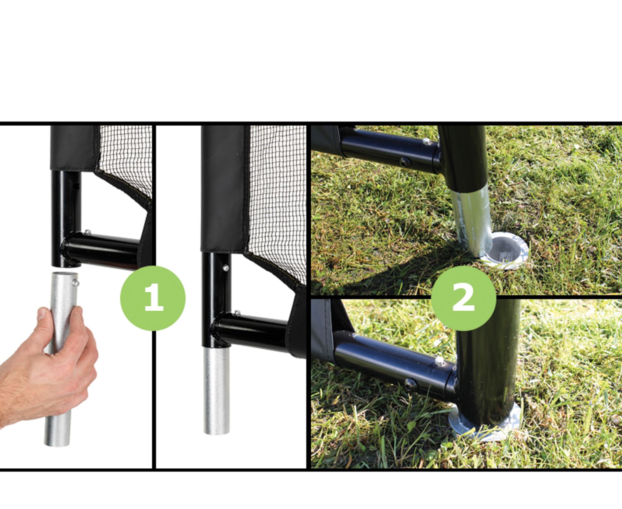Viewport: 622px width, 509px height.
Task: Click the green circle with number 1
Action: click(x=153, y=298)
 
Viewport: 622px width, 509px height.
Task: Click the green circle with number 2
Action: click(x=463, y=298)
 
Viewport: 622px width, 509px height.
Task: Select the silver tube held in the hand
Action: click(x=62, y=359)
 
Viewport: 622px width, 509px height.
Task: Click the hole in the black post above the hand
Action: click(x=76, y=186)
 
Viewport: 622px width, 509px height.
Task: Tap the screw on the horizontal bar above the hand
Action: click(x=87, y=232)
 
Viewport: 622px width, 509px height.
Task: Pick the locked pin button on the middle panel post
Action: click(x=226, y=268)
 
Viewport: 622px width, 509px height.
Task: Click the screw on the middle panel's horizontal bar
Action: click(x=237, y=313)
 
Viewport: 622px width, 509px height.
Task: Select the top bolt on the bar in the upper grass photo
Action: click(x=427, y=141)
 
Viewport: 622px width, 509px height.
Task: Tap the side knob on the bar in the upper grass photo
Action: click(x=405, y=162)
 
